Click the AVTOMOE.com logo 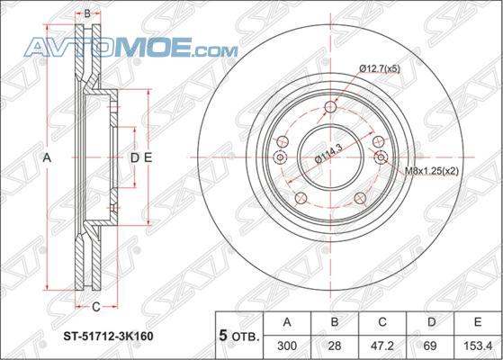pos(131,47)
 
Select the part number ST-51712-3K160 pos(108,336)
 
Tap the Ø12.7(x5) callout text pos(380,68)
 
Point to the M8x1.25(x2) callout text pos(431,171)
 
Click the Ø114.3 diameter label pos(328,153)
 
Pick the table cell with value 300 pos(287,346)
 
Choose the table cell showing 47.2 pos(382,346)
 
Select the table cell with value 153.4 pos(478,346)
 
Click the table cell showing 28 pos(334,346)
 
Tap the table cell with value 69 pos(430,346)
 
